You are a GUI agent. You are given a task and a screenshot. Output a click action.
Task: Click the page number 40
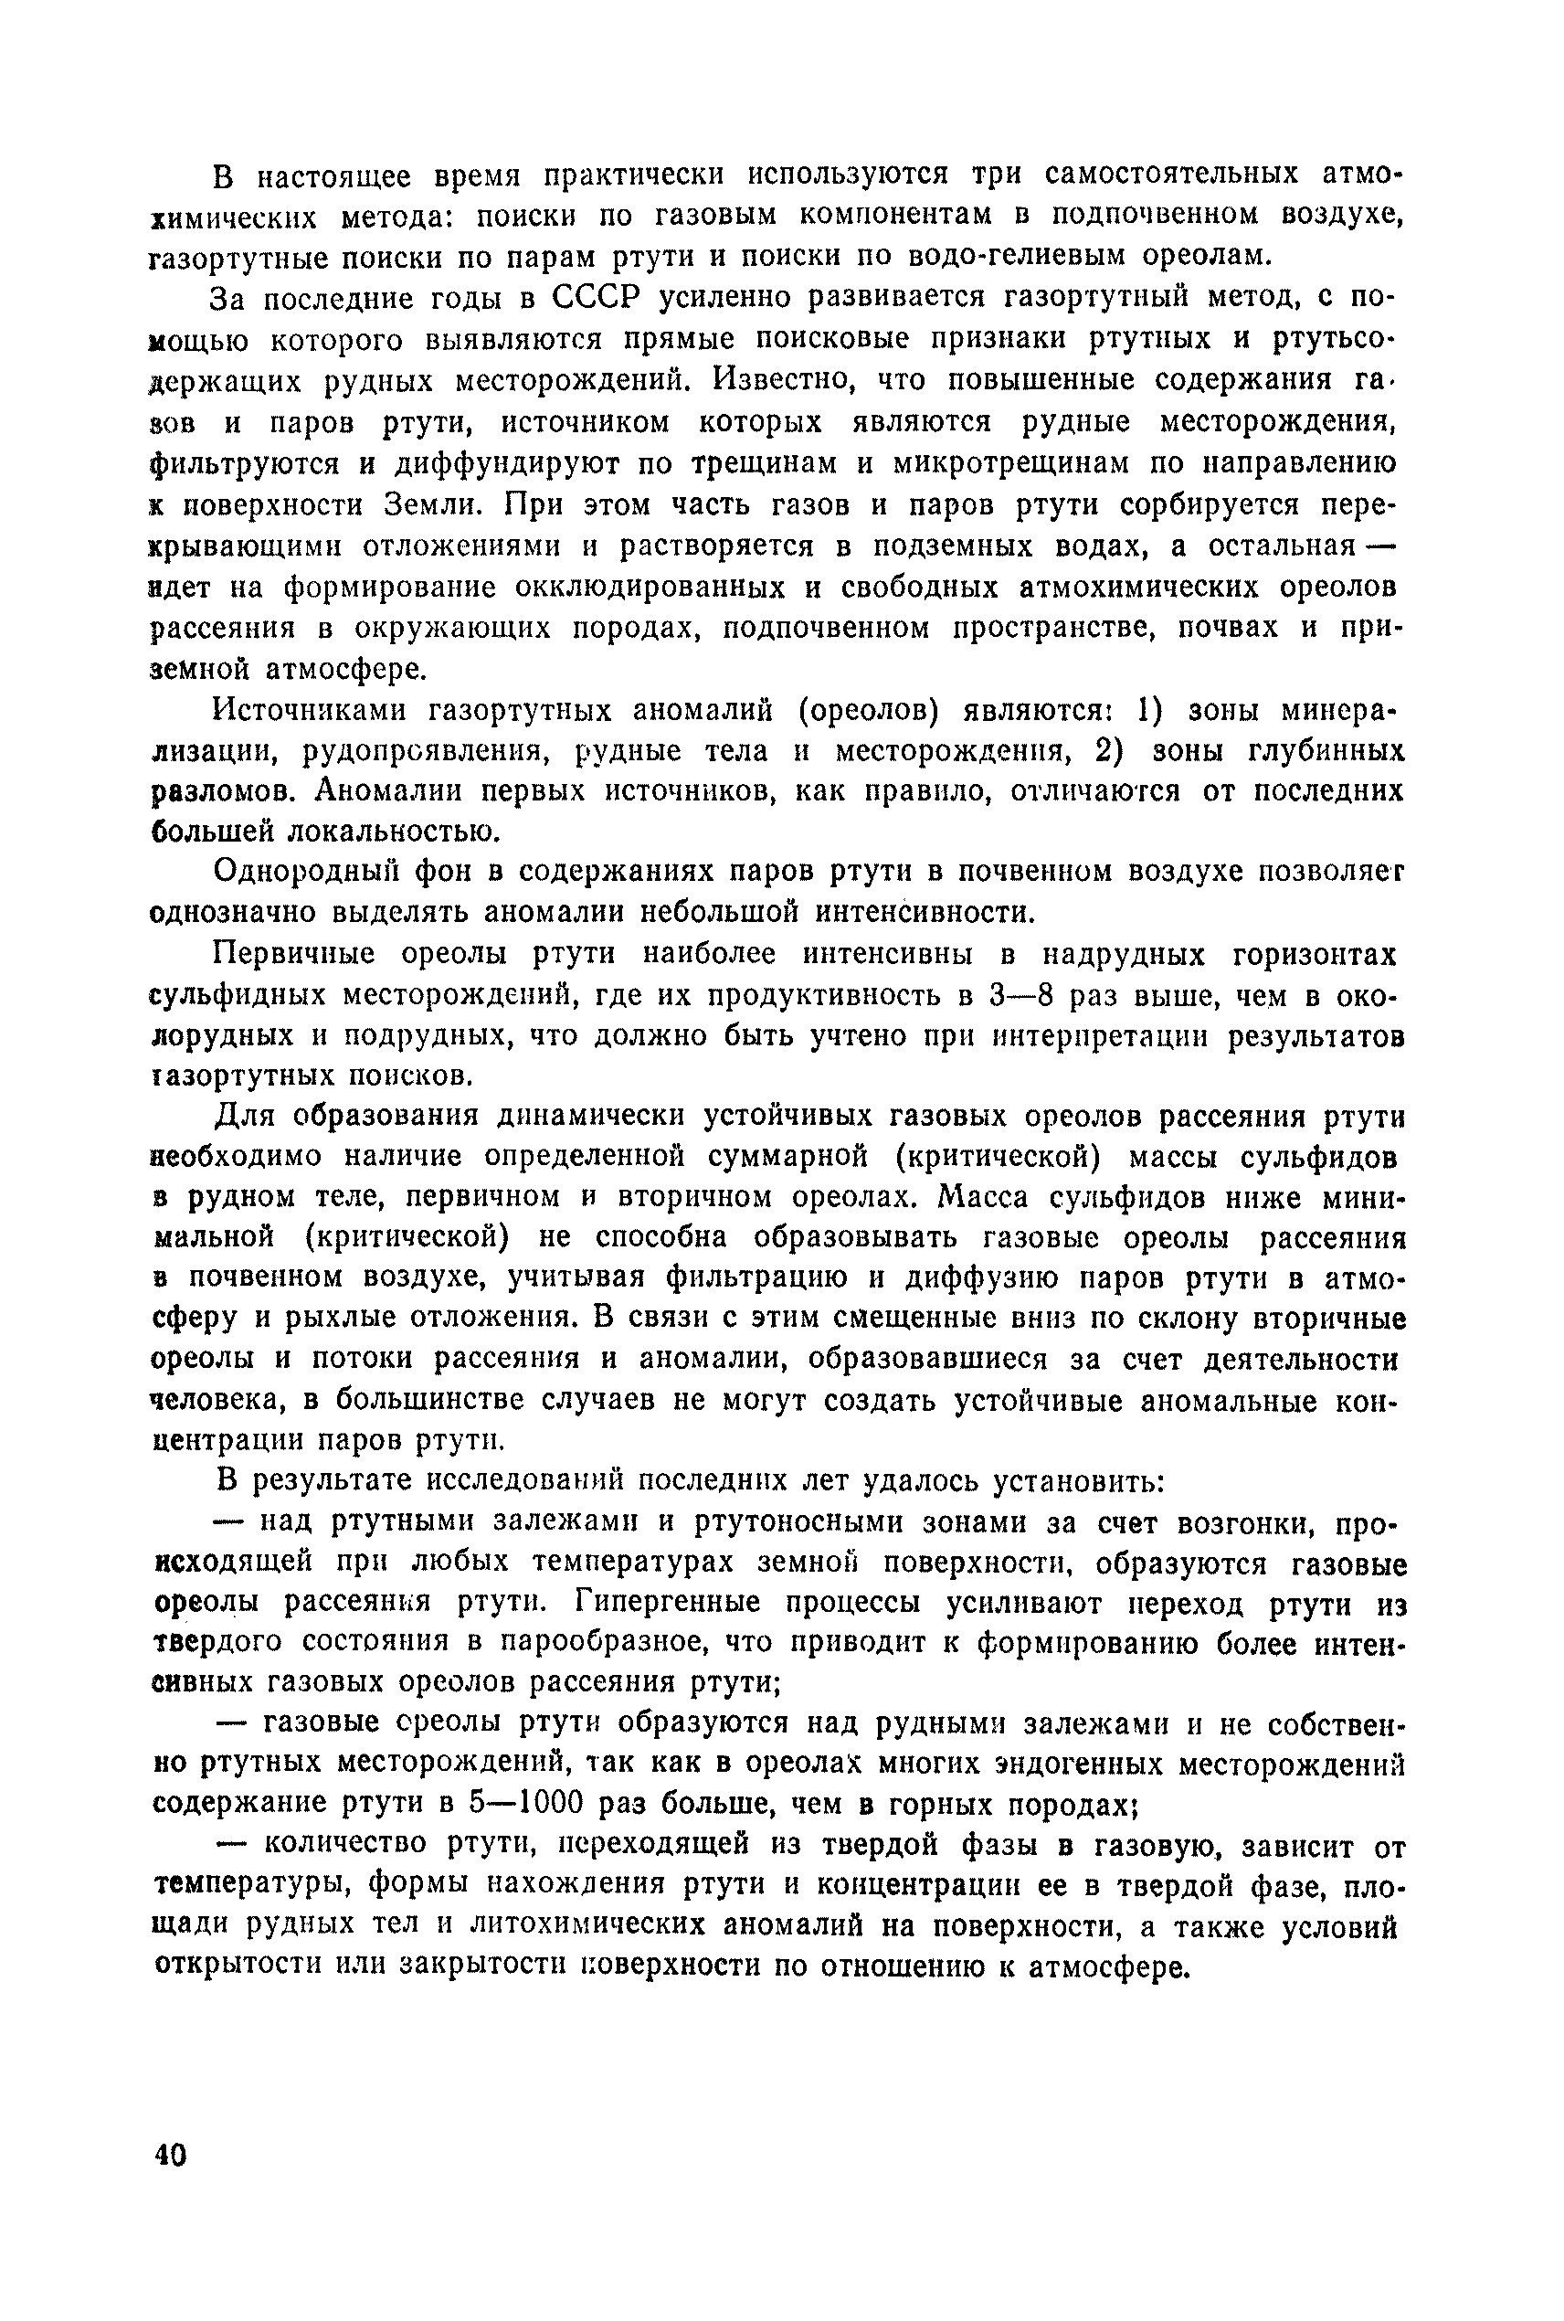(x=171, y=2155)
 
